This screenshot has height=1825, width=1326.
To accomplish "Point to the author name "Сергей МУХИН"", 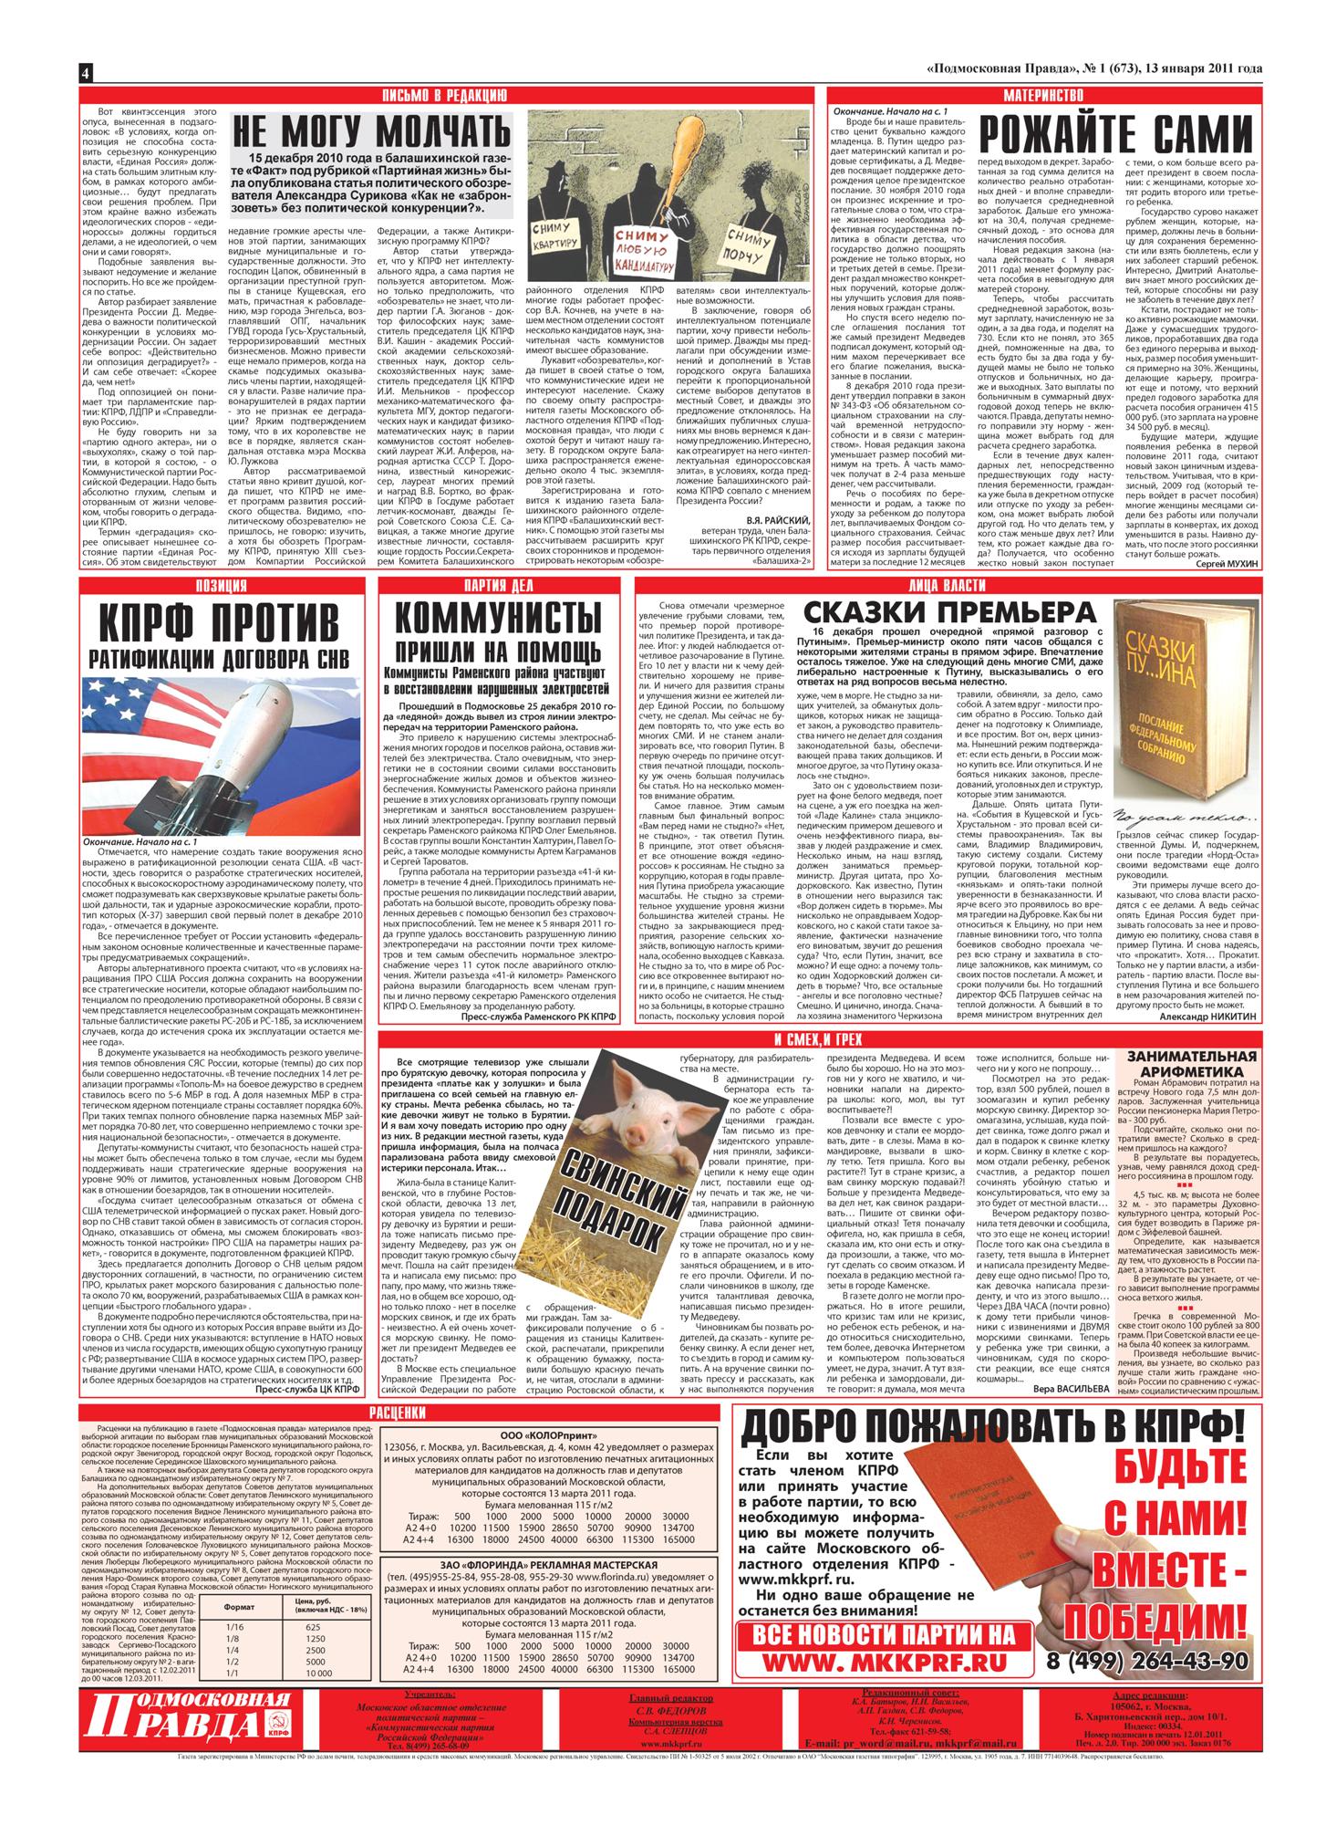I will pos(1217,566).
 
